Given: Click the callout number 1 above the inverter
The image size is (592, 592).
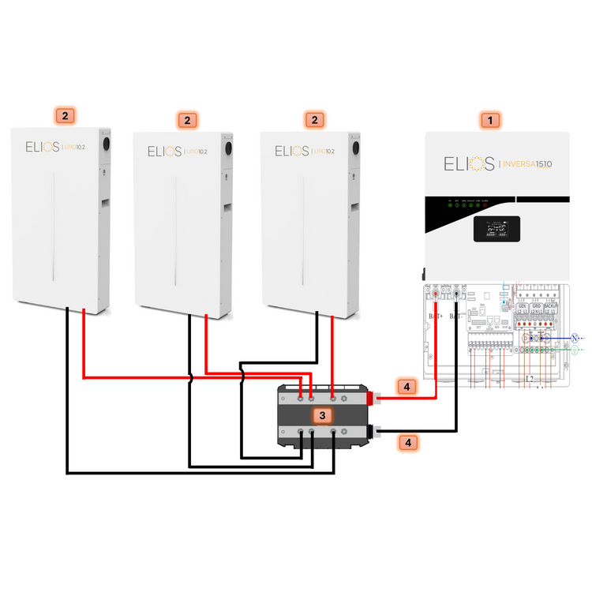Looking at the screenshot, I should click(x=491, y=121).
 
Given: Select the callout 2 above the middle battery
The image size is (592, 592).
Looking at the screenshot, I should click(x=187, y=120).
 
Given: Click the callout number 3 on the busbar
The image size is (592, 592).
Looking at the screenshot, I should click(x=322, y=414).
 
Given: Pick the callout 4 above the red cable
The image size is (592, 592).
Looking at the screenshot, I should click(x=404, y=387).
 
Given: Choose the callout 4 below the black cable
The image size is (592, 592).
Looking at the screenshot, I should click(x=408, y=443).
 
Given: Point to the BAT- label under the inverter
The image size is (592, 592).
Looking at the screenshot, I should click(x=457, y=317).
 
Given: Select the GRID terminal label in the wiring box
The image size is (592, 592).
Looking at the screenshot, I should click(x=536, y=305).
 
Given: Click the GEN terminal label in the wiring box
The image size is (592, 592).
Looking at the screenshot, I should click(x=522, y=305).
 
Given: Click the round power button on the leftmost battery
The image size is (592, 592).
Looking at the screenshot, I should click(x=104, y=147).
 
